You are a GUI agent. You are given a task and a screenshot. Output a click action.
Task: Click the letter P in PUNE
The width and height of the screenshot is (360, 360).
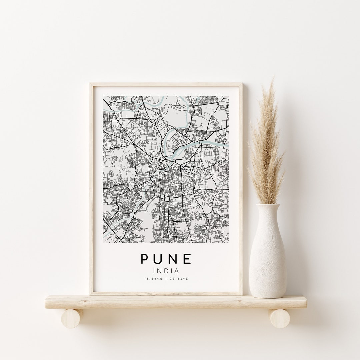click(x=145, y=259)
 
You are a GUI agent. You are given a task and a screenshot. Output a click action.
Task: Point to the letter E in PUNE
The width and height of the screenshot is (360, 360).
click(x=187, y=259)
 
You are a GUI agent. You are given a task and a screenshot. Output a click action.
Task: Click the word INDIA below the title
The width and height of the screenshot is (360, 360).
click(x=166, y=271)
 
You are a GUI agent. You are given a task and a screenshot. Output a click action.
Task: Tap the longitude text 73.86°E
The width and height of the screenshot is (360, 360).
click(x=179, y=279)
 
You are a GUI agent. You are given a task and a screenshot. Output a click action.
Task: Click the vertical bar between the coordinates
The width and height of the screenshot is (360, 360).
click(x=166, y=279)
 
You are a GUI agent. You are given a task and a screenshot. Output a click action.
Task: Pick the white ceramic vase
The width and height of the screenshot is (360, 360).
click(x=267, y=257)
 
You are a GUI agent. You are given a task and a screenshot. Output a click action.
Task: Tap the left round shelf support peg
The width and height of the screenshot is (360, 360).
click(x=71, y=318)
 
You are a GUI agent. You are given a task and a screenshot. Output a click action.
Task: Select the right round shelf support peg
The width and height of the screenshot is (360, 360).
click(x=279, y=318)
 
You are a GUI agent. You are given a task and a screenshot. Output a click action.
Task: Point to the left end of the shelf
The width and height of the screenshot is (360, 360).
click(x=48, y=302)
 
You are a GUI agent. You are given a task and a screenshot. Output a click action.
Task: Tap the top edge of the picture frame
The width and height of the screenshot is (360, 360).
click(x=166, y=85)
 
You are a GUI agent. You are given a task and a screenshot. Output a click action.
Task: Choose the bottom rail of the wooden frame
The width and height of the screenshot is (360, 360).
click(x=166, y=293)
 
